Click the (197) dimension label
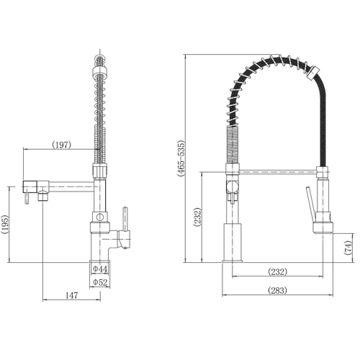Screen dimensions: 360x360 pos(62,145)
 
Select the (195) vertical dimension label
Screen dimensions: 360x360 pos(5,225)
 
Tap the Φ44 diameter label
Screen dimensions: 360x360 pos(100,269)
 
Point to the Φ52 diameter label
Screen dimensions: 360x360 pos(100,282)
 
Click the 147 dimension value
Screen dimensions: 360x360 pos(72,295)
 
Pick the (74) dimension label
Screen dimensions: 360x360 pos(348,247)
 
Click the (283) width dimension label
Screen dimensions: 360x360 pos(277,290)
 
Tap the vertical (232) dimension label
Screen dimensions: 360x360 pos(197,217)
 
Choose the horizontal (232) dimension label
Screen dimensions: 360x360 pos(277,272)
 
